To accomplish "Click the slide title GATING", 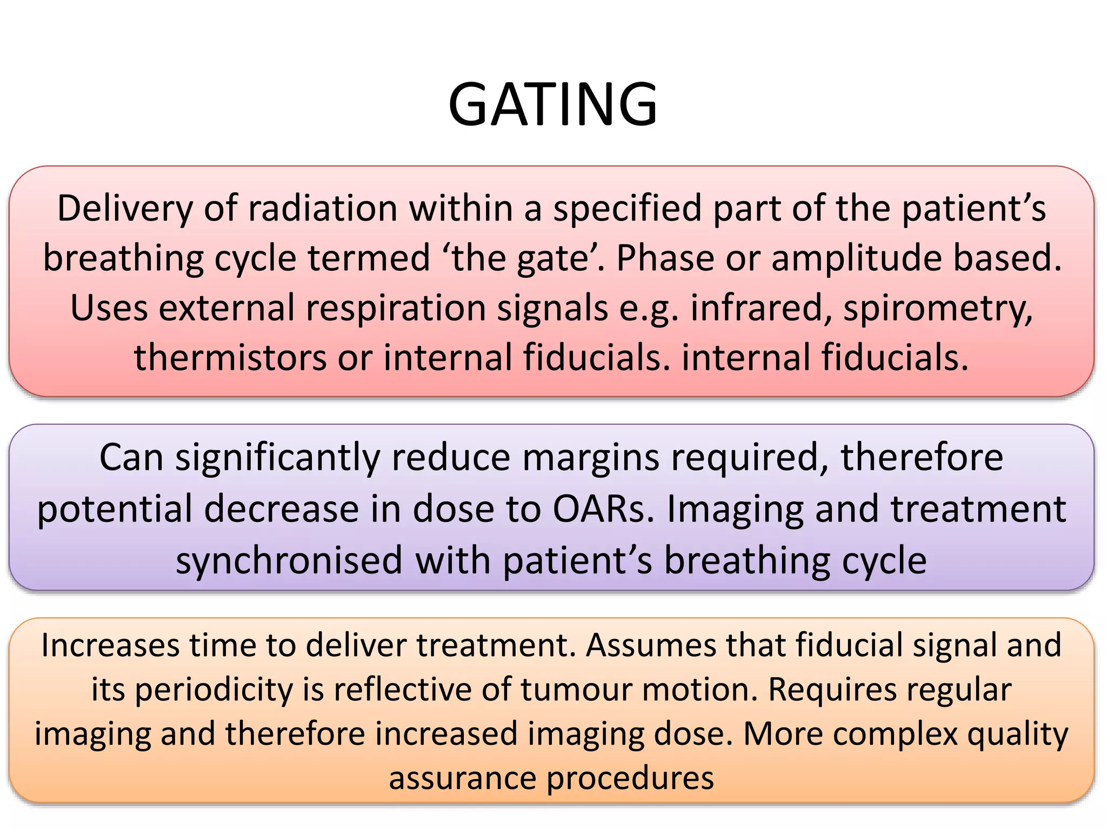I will pyautogui.click(x=552, y=104).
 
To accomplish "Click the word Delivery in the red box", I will pyautogui.click(x=124, y=209).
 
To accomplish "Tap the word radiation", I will pyautogui.click(x=323, y=209).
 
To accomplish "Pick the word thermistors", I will pyautogui.click(x=230, y=358).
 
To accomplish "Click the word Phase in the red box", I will pyautogui.click(x=665, y=258).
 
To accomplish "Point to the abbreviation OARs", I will pyautogui.click(x=603, y=510).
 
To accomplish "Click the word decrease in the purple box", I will pyautogui.click(x=281, y=510).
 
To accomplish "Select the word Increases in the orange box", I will pyautogui.click(x=110, y=645).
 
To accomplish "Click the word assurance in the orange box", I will pyautogui.click(x=462, y=779).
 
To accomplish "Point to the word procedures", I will pyautogui.click(x=630, y=779).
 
